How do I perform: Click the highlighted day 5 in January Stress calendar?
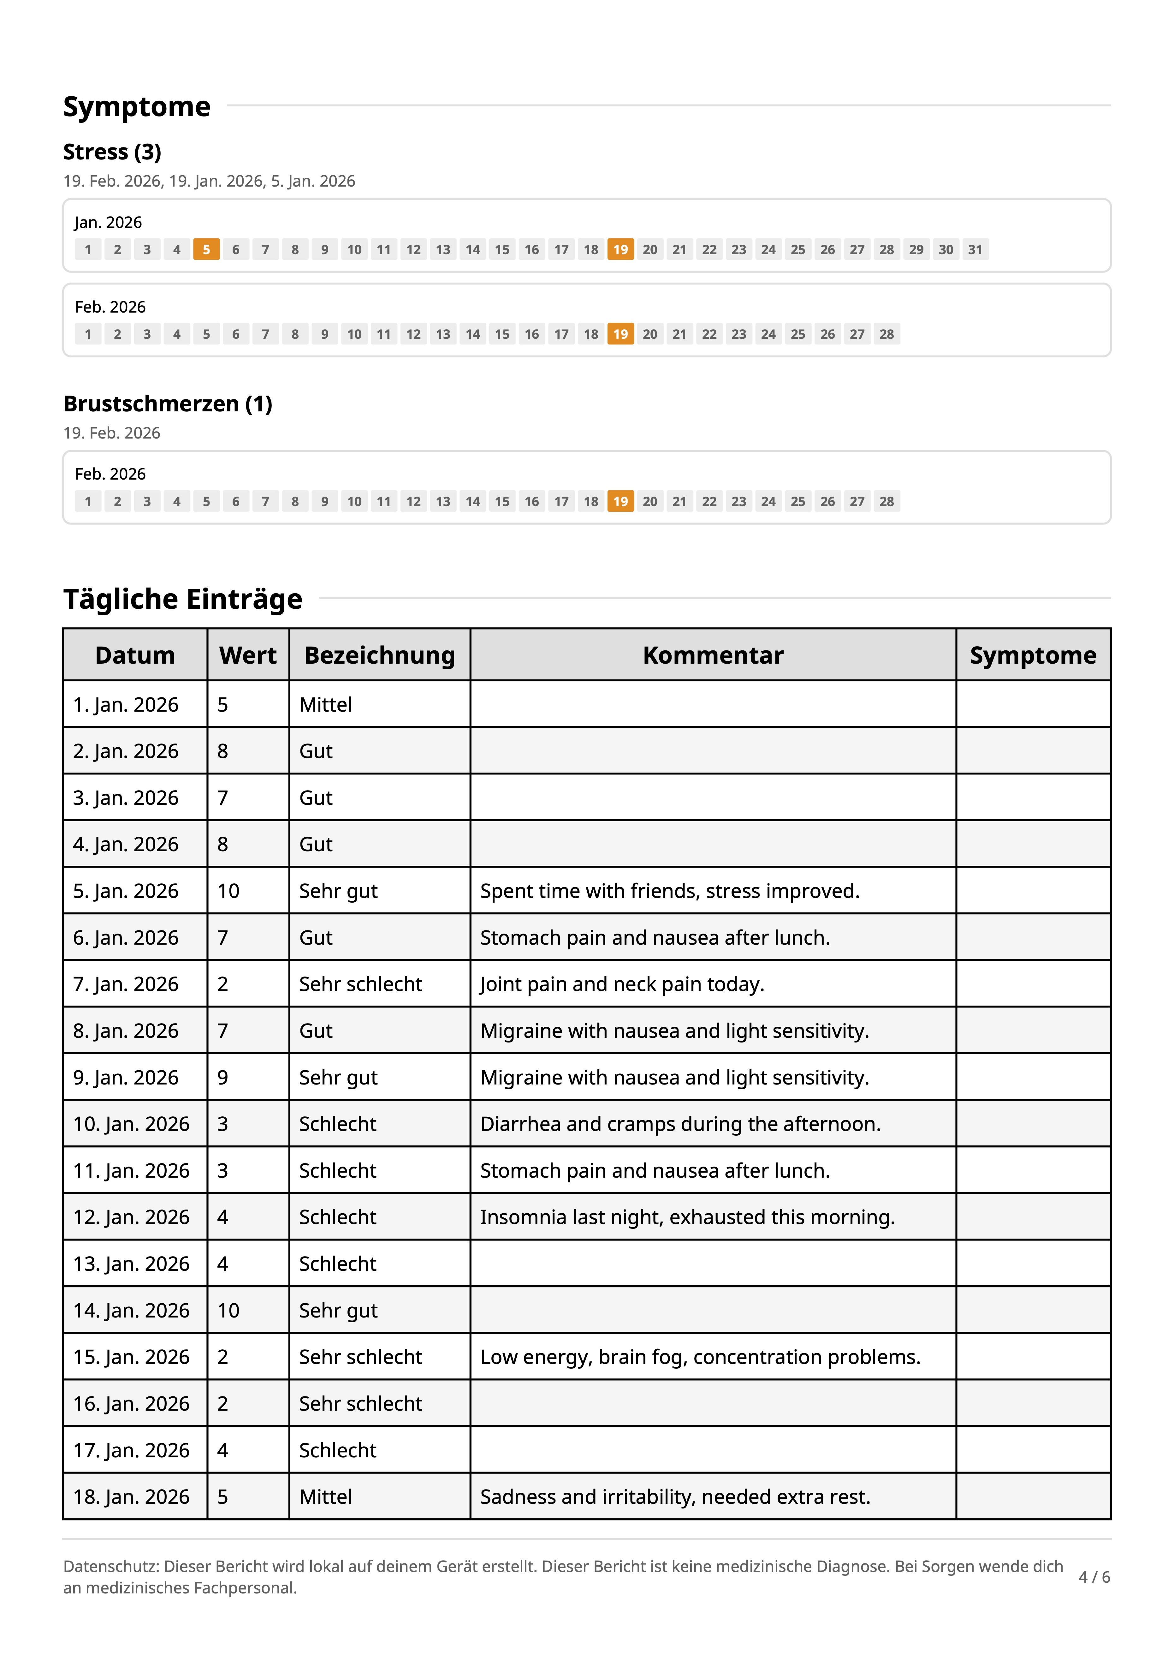coord(206,250)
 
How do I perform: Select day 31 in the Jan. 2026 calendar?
coord(975,250)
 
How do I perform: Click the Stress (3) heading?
coord(112,152)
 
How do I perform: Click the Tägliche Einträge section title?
coord(183,599)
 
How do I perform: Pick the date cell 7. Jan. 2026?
coord(126,984)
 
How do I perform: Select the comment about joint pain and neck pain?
coord(622,984)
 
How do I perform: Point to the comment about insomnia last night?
coord(687,1217)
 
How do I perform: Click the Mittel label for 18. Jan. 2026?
coord(325,1497)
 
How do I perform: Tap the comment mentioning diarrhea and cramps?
coord(680,1124)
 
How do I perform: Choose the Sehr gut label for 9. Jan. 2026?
coord(339,1077)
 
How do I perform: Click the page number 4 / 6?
coord(1094,1577)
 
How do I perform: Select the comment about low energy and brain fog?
coord(699,1357)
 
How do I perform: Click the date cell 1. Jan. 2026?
coord(126,705)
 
